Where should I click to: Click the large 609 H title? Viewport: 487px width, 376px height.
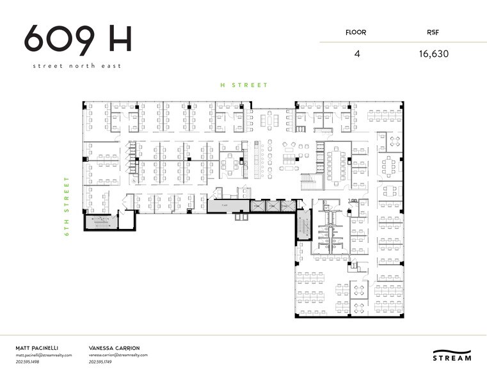[x=77, y=40]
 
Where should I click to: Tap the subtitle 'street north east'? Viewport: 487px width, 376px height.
[x=77, y=66]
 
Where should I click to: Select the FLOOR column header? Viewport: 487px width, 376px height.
[x=356, y=32]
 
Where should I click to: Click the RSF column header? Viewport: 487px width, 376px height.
[x=434, y=32]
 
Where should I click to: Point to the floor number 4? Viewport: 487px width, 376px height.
[x=356, y=54]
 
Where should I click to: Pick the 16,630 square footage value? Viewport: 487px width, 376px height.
[x=434, y=54]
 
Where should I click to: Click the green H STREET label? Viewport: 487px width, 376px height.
[x=244, y=85]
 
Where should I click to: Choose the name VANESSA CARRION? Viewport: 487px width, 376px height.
[x=114, y=347]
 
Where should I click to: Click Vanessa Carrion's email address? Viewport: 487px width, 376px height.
[x=118, y=355]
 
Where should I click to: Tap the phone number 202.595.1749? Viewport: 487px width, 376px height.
[x=103, y=363]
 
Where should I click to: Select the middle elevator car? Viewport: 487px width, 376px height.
[x=268, y=206]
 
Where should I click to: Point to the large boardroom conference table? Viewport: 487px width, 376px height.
[x=335, y=165]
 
